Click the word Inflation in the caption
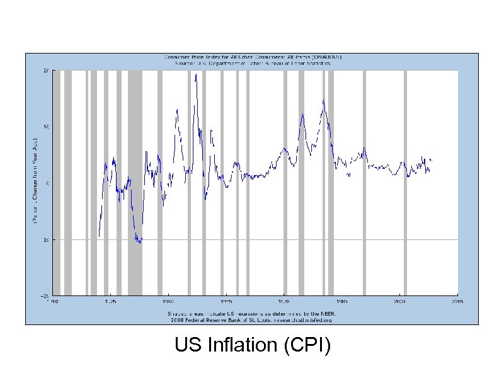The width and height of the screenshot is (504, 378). click(242, 345)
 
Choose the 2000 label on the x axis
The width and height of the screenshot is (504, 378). click(399, 302)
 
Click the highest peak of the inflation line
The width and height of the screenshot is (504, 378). click(196, 74)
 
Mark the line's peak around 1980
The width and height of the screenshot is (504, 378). click(324, 100)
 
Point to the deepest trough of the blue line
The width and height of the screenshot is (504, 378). click(140, 243)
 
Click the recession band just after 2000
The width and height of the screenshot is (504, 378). click(405, 183)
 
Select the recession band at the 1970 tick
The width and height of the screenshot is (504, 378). click(285, 183)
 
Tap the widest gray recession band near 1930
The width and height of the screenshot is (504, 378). click(135, 183)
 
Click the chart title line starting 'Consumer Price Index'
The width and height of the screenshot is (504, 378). click(255, 57)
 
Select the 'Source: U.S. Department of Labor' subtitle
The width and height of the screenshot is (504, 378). click(255, 64)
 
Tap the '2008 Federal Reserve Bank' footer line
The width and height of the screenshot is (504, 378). click(255, 319)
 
